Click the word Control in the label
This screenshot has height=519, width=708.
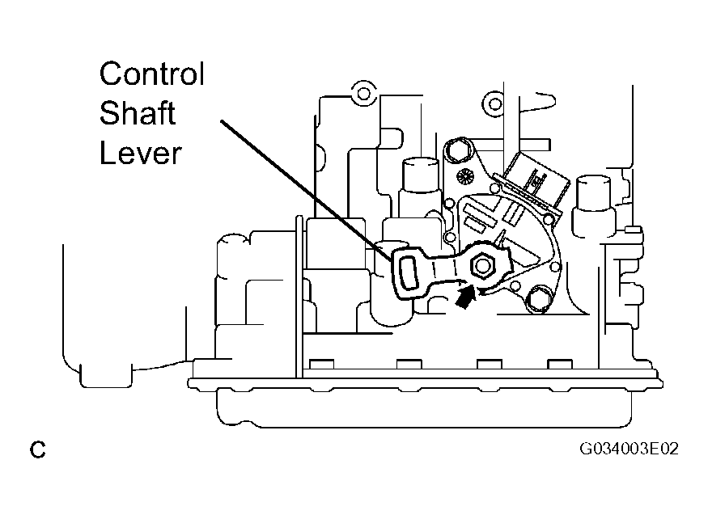pos(152,74)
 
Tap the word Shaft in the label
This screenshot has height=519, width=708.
pos(138,113)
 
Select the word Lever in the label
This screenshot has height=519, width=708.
pos(141,153)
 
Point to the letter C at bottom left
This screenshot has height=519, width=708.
pos(38,449)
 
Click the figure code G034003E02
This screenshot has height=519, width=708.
pos(629,449)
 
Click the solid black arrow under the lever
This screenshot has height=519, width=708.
pos(465,298)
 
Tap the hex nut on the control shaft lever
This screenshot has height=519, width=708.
pos(482,266)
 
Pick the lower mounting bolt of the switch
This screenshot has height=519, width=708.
pos(537,301)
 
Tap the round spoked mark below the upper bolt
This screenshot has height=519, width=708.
pos(464,176)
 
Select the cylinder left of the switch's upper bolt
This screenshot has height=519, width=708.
pos(421,180)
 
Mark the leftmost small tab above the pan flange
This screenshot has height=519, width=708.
pos(322,365)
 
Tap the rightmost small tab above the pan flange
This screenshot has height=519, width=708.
pos(560,365)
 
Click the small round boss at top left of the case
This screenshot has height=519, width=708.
pos(363,94)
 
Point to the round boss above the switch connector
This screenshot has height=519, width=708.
pos(495,104)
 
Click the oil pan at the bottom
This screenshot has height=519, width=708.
pos(425,406)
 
